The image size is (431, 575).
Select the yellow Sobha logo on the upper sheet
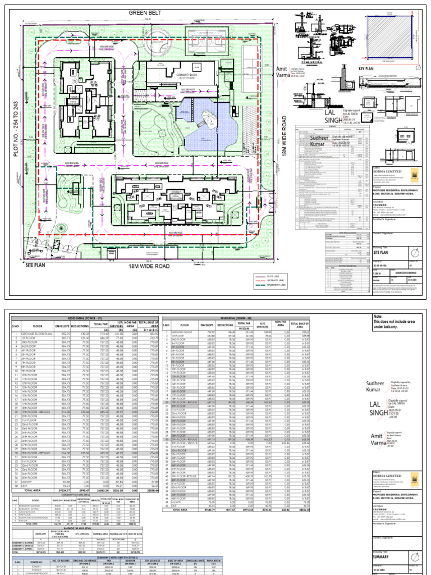pos(414,174)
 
